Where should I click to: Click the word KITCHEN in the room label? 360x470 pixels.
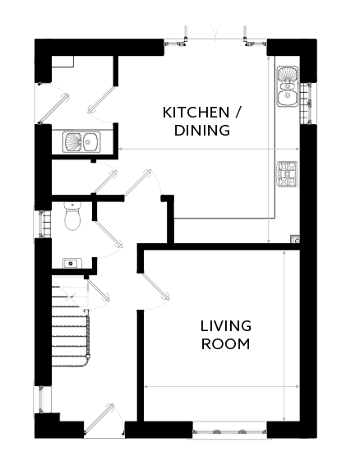pyautogui.click(x=196, y=113)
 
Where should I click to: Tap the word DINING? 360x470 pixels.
pyautogui.click(x=202, y=131)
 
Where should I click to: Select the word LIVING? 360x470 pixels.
pyautogui.click(x=226, y=326)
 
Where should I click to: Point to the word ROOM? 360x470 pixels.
pyautogui.click(x=226, y=344)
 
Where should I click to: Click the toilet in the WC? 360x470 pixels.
pyautogui.click(x=72, y=216)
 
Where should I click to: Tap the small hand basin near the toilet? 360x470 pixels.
pyautogui.click(x=72, y=264)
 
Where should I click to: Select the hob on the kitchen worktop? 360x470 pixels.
pyautogui.click(x=288, y=174)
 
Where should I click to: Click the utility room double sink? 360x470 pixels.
pyautogui.click(x=81, y=142)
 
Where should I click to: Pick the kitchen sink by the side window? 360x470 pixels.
pyautogui.click(x=288, y=86)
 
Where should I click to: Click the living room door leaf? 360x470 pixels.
pyautogui.click(x=156, y=286)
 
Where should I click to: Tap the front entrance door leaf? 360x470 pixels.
pyautogui.click(x=99, y=418)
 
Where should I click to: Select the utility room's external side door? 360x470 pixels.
pyautogui.click(x=54, y=108)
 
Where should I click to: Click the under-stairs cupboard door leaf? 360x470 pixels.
pyautogui.click(x=99, y=290)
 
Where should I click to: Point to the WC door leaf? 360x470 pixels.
pyautogui.click(x=108, y=234)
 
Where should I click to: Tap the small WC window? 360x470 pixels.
pyautogui.click(x=44, y=224)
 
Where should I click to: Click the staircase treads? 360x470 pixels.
pyautogui.click(x=70, y=322)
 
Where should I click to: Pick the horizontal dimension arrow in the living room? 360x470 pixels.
pyautogui.click(x=222, y=387)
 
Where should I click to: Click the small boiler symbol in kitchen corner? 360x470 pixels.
pyautogui.click(x=295, y=239)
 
